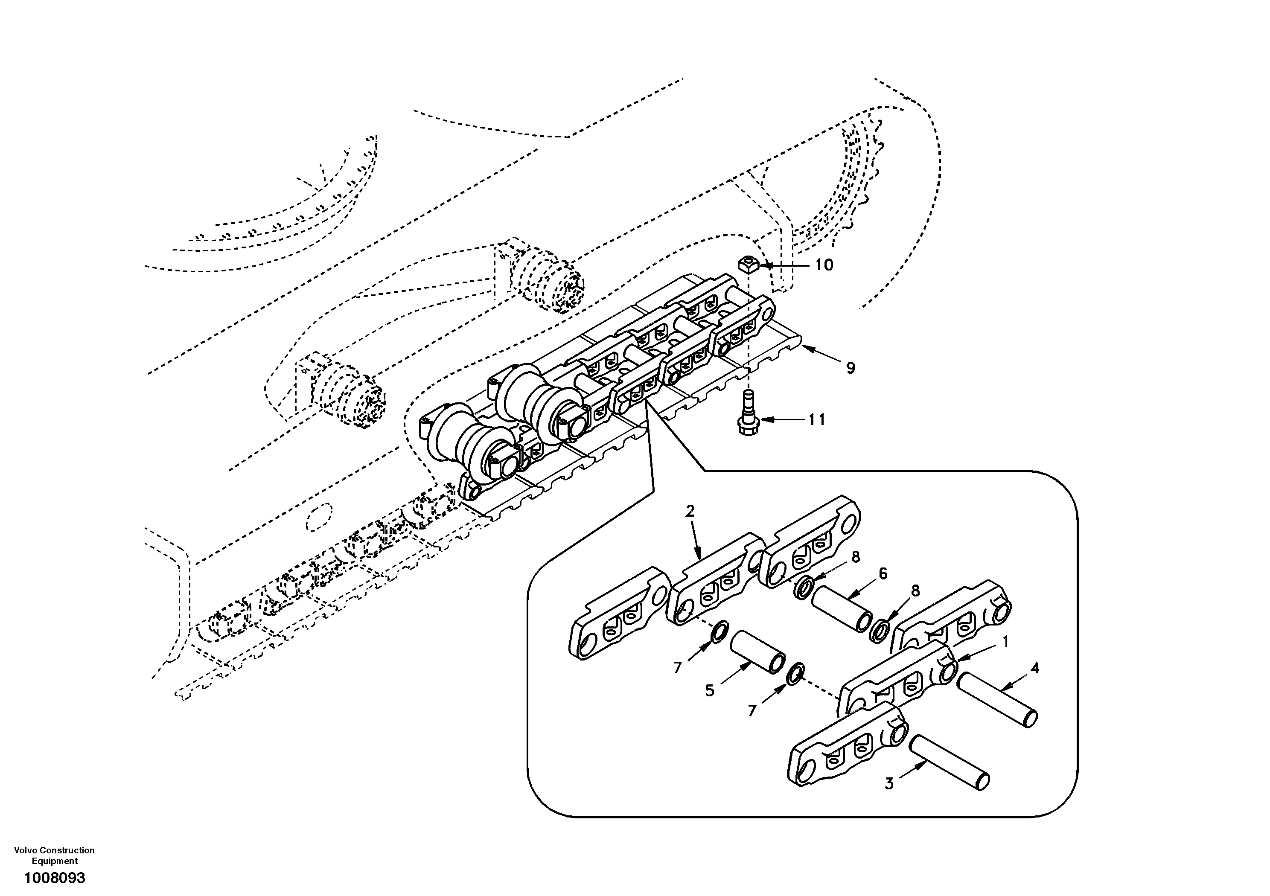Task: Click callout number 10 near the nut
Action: click(x=824, y=265)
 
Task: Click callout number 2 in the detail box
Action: click(x=690, y=511)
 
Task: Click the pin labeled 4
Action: click(x=997, y=700)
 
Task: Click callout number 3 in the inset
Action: click(x=889, y=784)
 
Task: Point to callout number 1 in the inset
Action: click(x=1005, y=642)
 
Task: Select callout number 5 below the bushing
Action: click(x=710, y=690)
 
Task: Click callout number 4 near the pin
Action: click(x=1034, y=668)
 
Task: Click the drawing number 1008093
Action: click(x=54, y=878)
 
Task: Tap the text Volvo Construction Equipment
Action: click(x=54, y=855)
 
